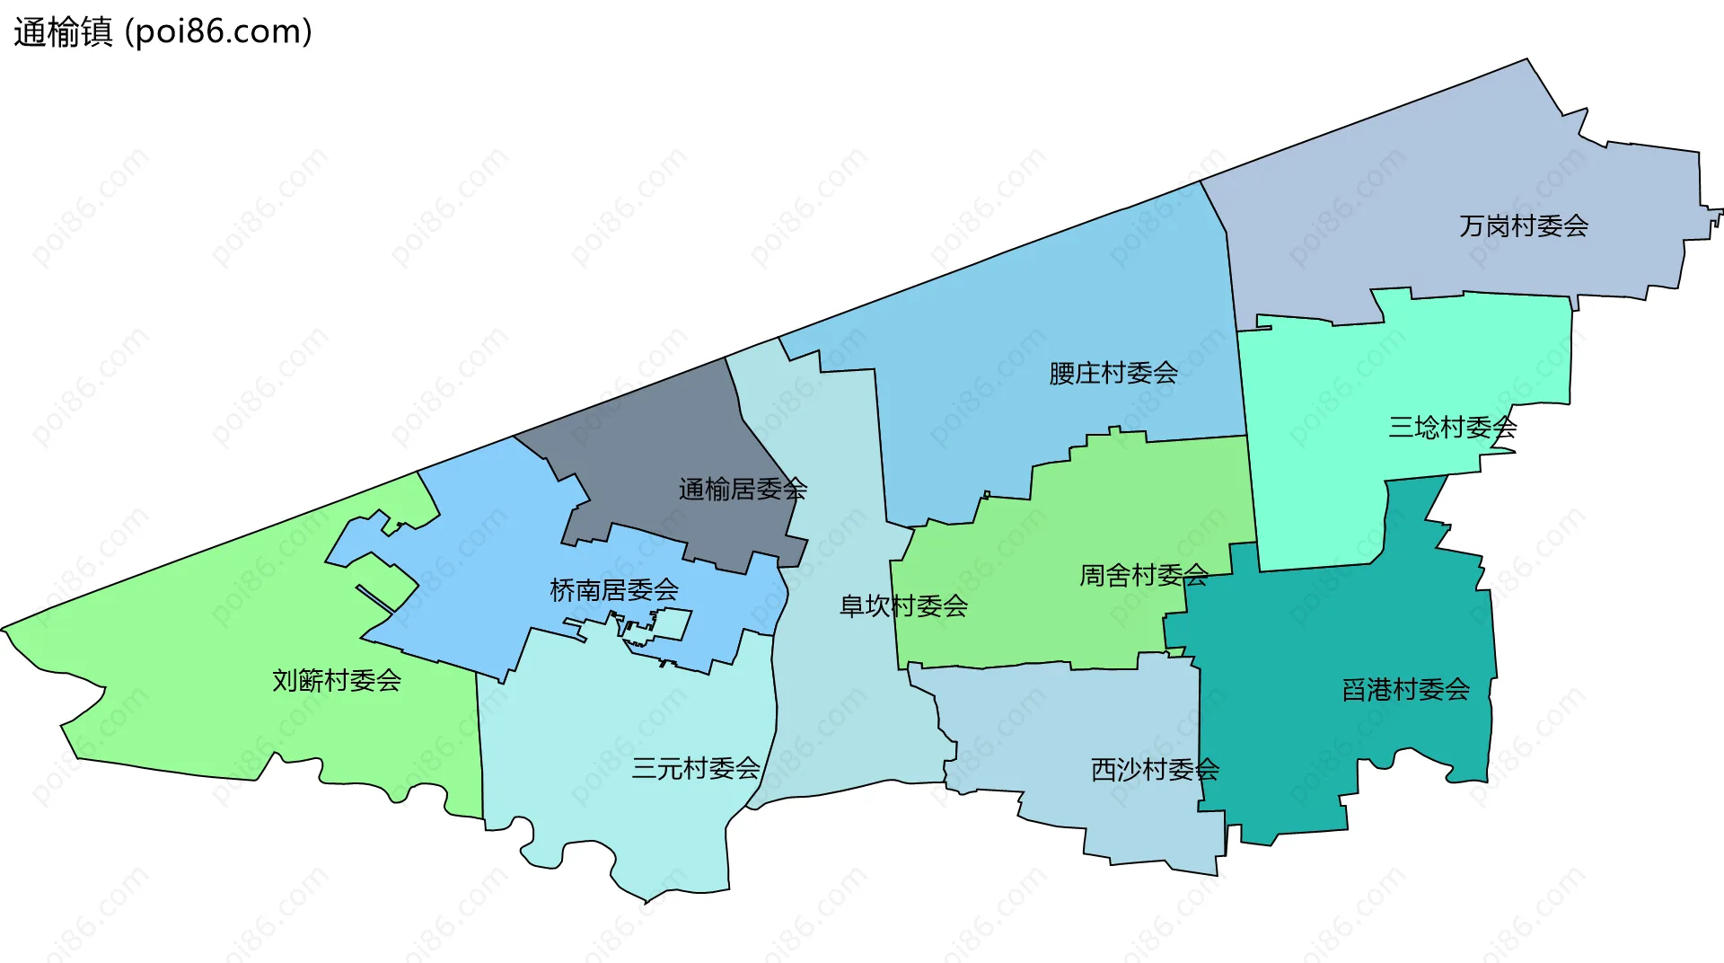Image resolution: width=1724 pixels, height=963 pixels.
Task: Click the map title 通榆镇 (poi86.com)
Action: [163, 32]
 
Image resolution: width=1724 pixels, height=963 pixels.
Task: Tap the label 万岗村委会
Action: [1523, 225]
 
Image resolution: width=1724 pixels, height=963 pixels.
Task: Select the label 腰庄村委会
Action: [1113, 373]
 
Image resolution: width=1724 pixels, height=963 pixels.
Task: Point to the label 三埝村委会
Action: [1452, 427]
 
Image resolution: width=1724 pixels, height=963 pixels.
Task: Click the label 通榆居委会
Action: [743, 490]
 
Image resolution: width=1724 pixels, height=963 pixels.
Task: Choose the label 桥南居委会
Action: [613, 590]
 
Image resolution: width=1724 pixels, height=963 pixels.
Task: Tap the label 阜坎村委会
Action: [902, 606]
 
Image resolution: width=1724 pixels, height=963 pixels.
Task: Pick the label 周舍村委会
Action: [1143, 575]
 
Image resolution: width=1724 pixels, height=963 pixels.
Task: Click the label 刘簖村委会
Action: [336, 680]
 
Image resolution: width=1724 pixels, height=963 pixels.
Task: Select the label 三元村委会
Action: [695, 768]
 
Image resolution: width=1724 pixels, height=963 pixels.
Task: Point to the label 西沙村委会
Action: [1154, 770]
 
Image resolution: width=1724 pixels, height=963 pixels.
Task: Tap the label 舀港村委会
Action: [1405, 690]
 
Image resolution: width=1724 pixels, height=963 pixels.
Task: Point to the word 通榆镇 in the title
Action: [63, 32]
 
